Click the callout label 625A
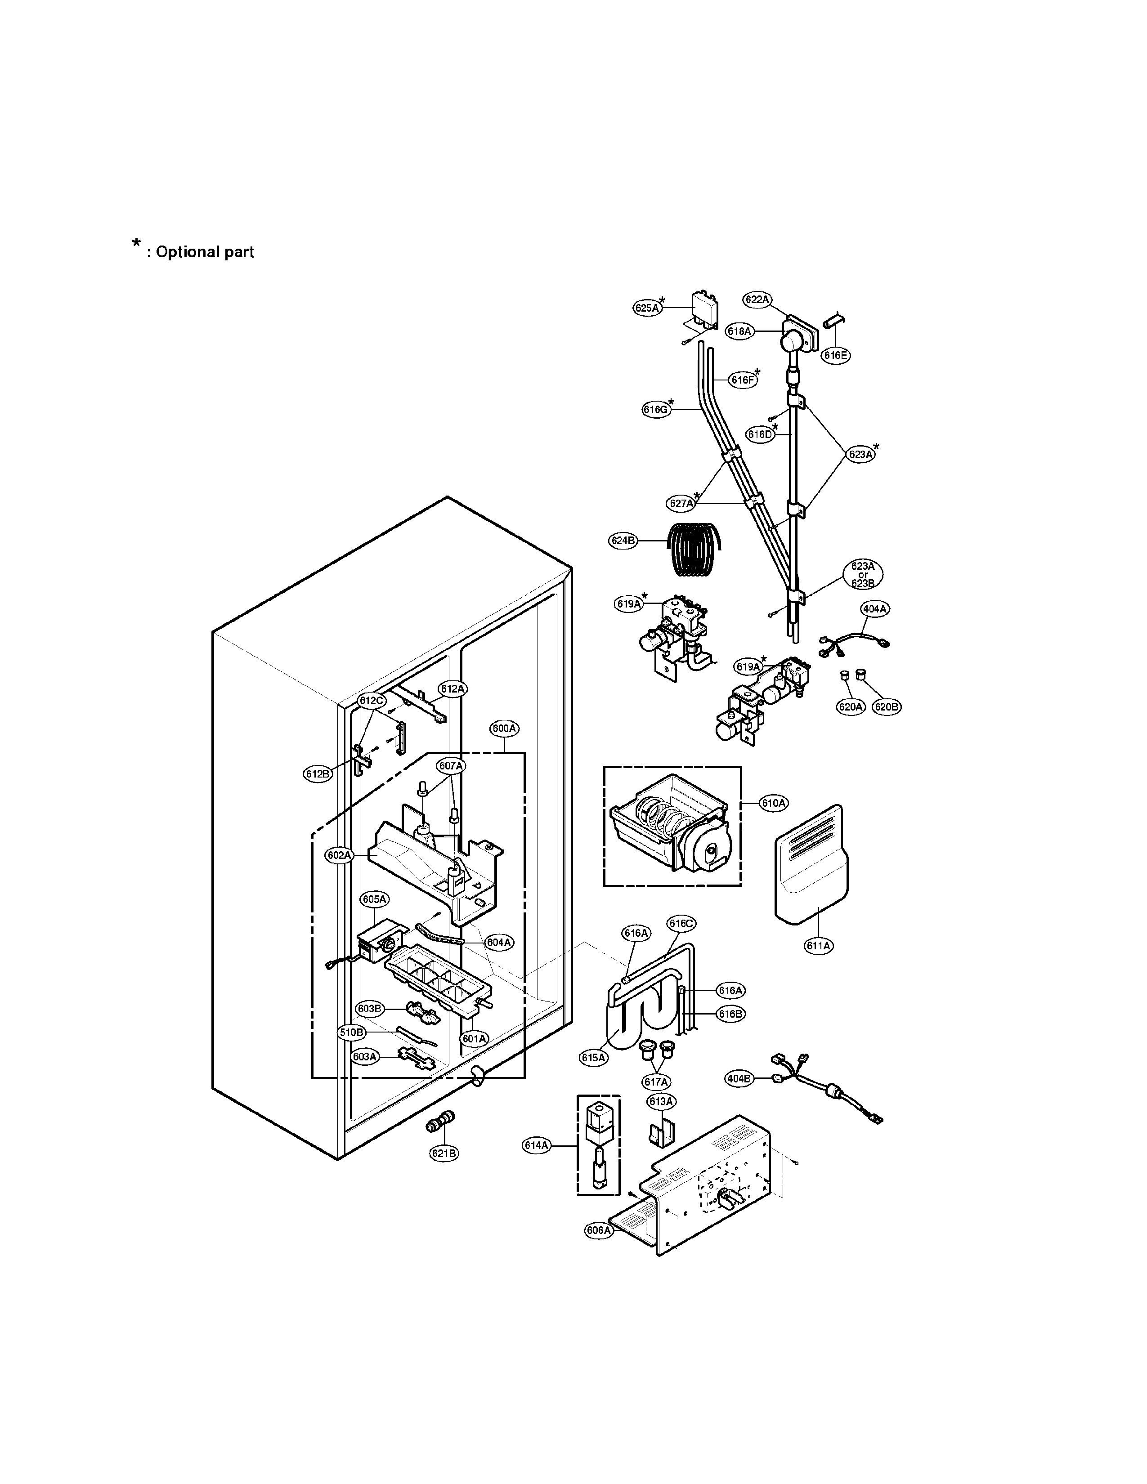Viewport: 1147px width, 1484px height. (x=647, y=308)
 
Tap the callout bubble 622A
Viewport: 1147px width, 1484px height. (x=756, y=299)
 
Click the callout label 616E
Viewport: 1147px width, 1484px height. (x=835, y=355)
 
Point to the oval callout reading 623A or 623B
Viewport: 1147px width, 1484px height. (x=862, y=575)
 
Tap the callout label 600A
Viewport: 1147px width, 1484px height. (x=504, y=729)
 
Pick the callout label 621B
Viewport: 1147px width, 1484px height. (x=444, y=1153)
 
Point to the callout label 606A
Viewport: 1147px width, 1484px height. (x=598, y=1230)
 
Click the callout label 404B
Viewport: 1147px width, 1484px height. (x=739, y=1078)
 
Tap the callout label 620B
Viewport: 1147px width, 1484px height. (x=886, y=706)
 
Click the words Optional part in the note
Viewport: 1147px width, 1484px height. (x=205, y=252)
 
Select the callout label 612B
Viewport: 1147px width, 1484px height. (x=317, y=773)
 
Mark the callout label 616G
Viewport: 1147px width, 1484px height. (x=655, y=409)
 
